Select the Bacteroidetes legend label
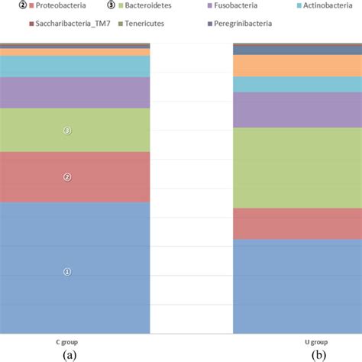coord(154,5)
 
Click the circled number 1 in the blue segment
coord(67,271)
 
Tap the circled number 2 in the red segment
coord(67,177)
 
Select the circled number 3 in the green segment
coord(67,131)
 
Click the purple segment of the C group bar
coord(75,92)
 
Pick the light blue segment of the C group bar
coord(75,66)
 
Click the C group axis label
coord(67,342)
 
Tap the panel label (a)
coord(69,355)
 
